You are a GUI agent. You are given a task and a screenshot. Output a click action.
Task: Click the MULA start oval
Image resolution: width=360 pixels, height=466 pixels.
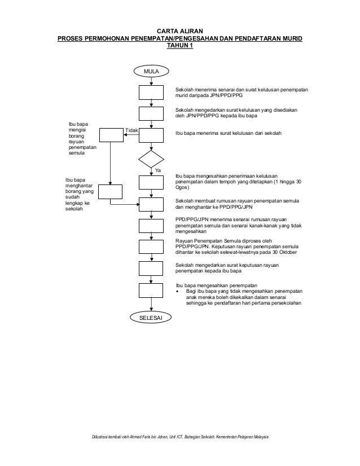tap(151, 71)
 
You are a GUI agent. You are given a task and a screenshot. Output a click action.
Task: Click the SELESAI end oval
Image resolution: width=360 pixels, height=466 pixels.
tap(151, 318)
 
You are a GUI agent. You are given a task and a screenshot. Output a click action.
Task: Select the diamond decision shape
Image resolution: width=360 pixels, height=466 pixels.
tap(151, 159)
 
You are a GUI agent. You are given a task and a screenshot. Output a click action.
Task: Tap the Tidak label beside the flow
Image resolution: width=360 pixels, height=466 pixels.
tap(131, 130)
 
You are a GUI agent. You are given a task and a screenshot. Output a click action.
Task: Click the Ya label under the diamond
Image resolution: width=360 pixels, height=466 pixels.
tap(157, 169)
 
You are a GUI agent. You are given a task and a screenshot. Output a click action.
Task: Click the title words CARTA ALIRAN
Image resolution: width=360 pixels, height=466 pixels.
tap(179, 30)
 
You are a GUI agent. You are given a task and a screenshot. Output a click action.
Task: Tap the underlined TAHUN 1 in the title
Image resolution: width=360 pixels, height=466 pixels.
tap(179, 46)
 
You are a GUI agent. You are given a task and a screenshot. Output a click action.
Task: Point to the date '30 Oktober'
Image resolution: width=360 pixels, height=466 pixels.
tap(284, 252)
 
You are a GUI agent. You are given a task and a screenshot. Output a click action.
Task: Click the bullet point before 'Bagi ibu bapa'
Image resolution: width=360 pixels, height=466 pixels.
tap(178, 292)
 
